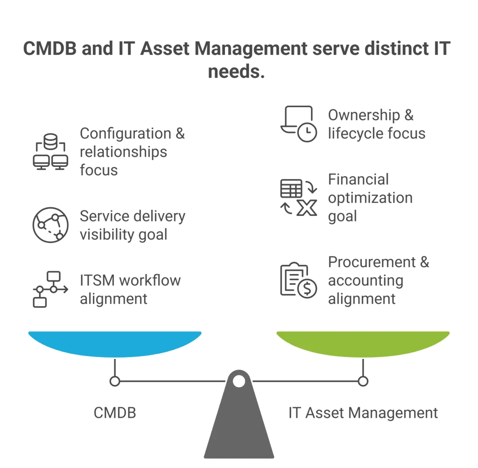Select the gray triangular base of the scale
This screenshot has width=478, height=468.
click(x=239, y=424)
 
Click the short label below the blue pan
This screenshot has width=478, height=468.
click(x=116, y=413)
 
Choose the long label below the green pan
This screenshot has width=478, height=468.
click(x=363, y=413)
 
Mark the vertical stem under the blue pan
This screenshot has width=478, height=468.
click(x=115, y=371)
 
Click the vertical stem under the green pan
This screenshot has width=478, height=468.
click(x=362, y=371)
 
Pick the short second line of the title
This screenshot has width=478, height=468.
click(x=236, y=73)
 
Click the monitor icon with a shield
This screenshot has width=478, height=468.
click(x=299, y=124)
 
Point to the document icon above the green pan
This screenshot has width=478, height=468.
click(x=298, y=281)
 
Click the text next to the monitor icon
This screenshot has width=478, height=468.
click(x=377, y=125)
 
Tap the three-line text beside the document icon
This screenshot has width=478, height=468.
click(x=378, y=280)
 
